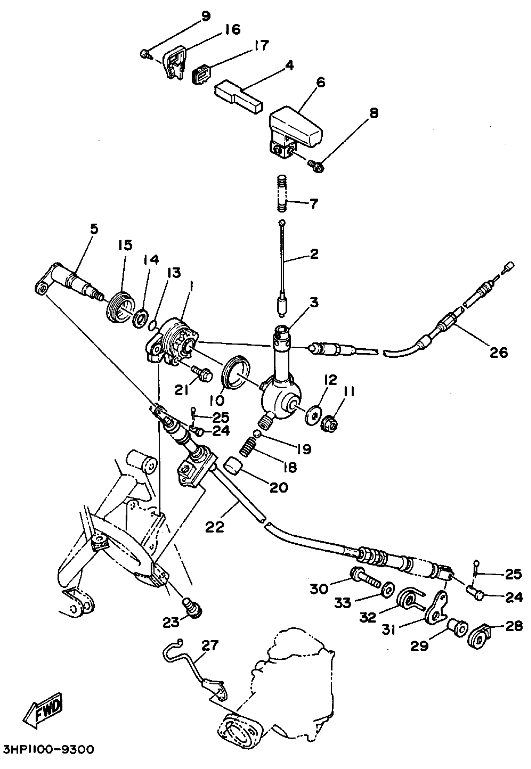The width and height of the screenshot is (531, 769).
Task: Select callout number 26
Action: (x=498, y=352)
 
